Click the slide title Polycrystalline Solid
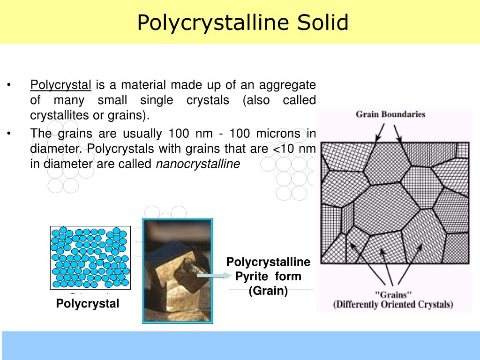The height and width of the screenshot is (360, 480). pyautogui.click(x=243, y=22)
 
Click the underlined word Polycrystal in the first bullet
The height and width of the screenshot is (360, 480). pyautogui.click(x=60, y=85)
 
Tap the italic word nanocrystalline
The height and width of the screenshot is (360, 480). pyautogui.click(x=197, y=164)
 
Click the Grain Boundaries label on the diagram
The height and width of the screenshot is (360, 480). pyautogui.click(x=390, y=114)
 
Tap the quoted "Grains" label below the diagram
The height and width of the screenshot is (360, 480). pyautogui.click(x=393, y=294)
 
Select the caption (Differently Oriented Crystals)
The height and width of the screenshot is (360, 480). pyautogui.click(x=393, y=304)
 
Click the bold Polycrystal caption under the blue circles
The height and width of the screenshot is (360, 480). pyautogui.click(x=88, y=304)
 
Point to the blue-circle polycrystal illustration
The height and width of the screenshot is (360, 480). pyautogui.click(x=90, y=258)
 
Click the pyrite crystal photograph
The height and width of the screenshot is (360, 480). pyautogui.click(x=177, y=270)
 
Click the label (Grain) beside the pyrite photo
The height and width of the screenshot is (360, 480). pyautogui.click(x=268, y=291)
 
